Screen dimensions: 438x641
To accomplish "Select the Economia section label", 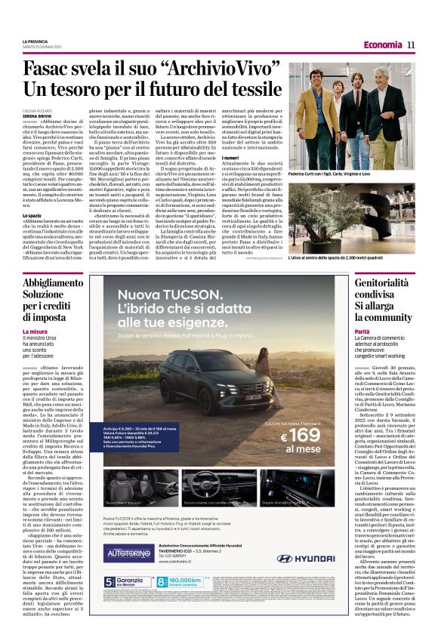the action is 381,45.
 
